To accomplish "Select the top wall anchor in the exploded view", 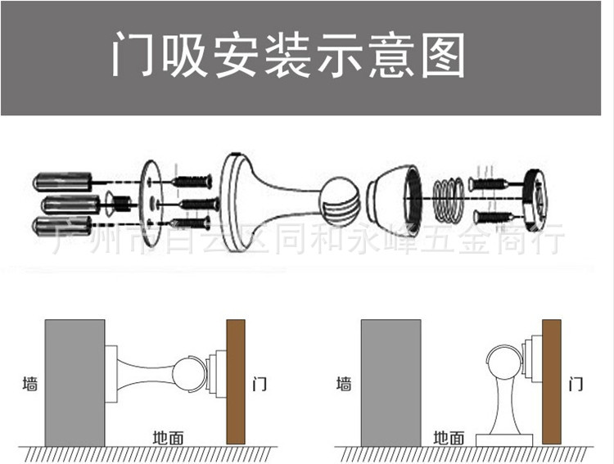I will coord(62,180).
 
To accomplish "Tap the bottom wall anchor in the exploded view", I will coord(62,225).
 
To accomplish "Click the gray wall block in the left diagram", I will coord(74,381).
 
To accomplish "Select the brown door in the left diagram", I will coord(236,381).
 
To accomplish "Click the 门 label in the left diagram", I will coord(259,383).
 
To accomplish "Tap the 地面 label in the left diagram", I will coord(168,437).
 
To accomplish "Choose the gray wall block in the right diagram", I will coord(391,381).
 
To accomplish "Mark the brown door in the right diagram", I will coord(551,381).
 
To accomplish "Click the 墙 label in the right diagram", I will coord(345,383).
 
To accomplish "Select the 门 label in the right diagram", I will coord(575,383).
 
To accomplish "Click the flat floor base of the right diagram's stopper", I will coord(503,439).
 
